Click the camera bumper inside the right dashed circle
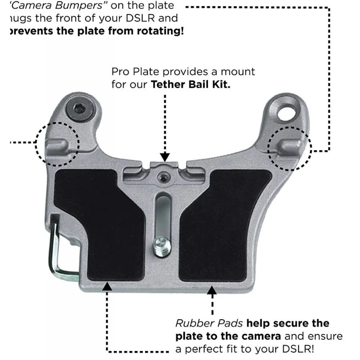(291, 145)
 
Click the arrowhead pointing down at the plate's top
(165, 157)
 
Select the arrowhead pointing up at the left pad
(107, 287)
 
